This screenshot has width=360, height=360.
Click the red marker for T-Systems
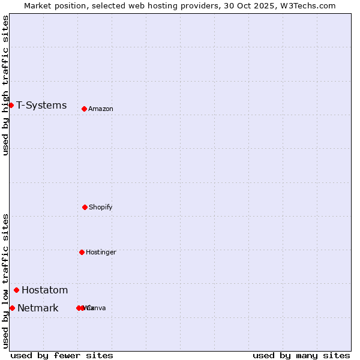pyautogui.click(x=11, y=106)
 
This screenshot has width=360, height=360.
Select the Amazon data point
pyautogui.click(x=84, y=109)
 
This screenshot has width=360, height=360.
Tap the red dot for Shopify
pyautogui.click(x=85, y=207)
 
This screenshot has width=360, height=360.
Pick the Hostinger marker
pyautogui.click(x=82, y=252)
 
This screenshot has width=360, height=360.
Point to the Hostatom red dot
pyautogui.click(x=16, y=290)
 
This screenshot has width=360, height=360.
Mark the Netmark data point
pyautogui.click(x=12, y=308)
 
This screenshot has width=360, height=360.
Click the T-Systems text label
pyautogui.click(x=41, y=106)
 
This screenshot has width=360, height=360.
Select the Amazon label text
pyautogui.click(x=101, y=109)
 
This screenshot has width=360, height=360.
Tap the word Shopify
pyautogui.click(x=101, y=208)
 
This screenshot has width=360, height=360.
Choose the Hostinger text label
pyautogui.click(x=101, y=253)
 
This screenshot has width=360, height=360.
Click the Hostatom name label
pyautogui.click(x=44, y=290)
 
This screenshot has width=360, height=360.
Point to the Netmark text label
pyautogui.click(x=38, y=308)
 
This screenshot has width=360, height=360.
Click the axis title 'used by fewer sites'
pyautogui.click(x=62, y=355)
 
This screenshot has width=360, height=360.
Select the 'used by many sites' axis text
pyautogui.click(x=301, y=355)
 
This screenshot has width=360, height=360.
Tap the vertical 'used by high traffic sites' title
pyautogui.click(x=5, y=85)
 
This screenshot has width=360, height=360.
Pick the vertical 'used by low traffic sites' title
pyautogui.click(x=5, y=281)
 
